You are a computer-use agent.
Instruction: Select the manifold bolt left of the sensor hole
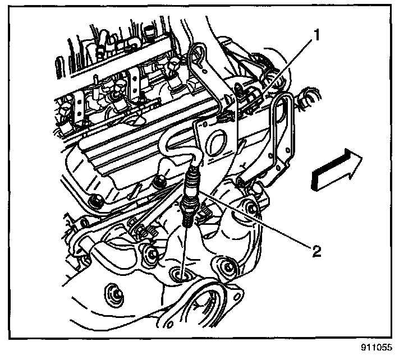150,256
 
